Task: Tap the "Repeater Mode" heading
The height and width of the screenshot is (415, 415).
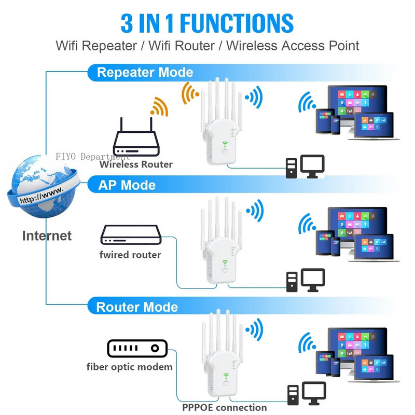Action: (145, 72)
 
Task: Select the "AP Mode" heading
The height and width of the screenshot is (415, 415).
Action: (127, 185)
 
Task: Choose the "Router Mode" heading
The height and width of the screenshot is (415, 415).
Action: (137, 307)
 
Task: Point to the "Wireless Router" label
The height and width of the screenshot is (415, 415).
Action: (136, 164)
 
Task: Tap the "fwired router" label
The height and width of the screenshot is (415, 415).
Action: (130, 255)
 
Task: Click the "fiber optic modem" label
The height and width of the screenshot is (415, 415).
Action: (130, 367)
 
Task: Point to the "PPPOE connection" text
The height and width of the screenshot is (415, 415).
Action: (224, 407)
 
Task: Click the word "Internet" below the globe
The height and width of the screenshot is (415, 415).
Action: (47, 236)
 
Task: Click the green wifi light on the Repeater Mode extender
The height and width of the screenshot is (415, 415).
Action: (225, 145)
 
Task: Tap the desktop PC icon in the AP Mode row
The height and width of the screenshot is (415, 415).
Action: (306, 280)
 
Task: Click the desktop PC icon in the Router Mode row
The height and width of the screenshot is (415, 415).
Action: (306, 393)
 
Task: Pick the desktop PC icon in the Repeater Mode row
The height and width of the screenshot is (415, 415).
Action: (305, 166)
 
